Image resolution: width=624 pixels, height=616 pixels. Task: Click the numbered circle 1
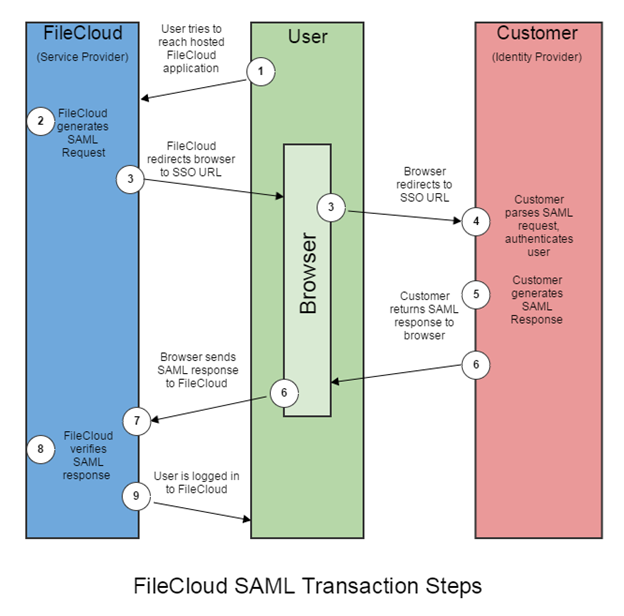click(x=262, y=72)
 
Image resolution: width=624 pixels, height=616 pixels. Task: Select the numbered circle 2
click(x=40, y=122)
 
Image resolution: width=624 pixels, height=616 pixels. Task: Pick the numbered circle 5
click(x=476, y=295)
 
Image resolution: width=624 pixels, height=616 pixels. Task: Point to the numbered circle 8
click(x=40, y=450)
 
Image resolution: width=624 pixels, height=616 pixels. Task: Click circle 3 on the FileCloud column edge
click(x=130, y=179)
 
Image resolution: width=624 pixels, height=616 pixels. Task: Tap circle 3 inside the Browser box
click(x=331, y=208)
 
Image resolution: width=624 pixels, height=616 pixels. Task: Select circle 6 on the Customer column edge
click(x=476, y=365)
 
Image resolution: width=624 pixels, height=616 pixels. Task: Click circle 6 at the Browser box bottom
click(x=284, y=393)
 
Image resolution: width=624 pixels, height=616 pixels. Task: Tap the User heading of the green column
click(x=307, y=37)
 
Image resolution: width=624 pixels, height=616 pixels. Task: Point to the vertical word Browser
click(x=308, y=274)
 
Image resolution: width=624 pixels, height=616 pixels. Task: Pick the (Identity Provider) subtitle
click(x=537, y=57)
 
